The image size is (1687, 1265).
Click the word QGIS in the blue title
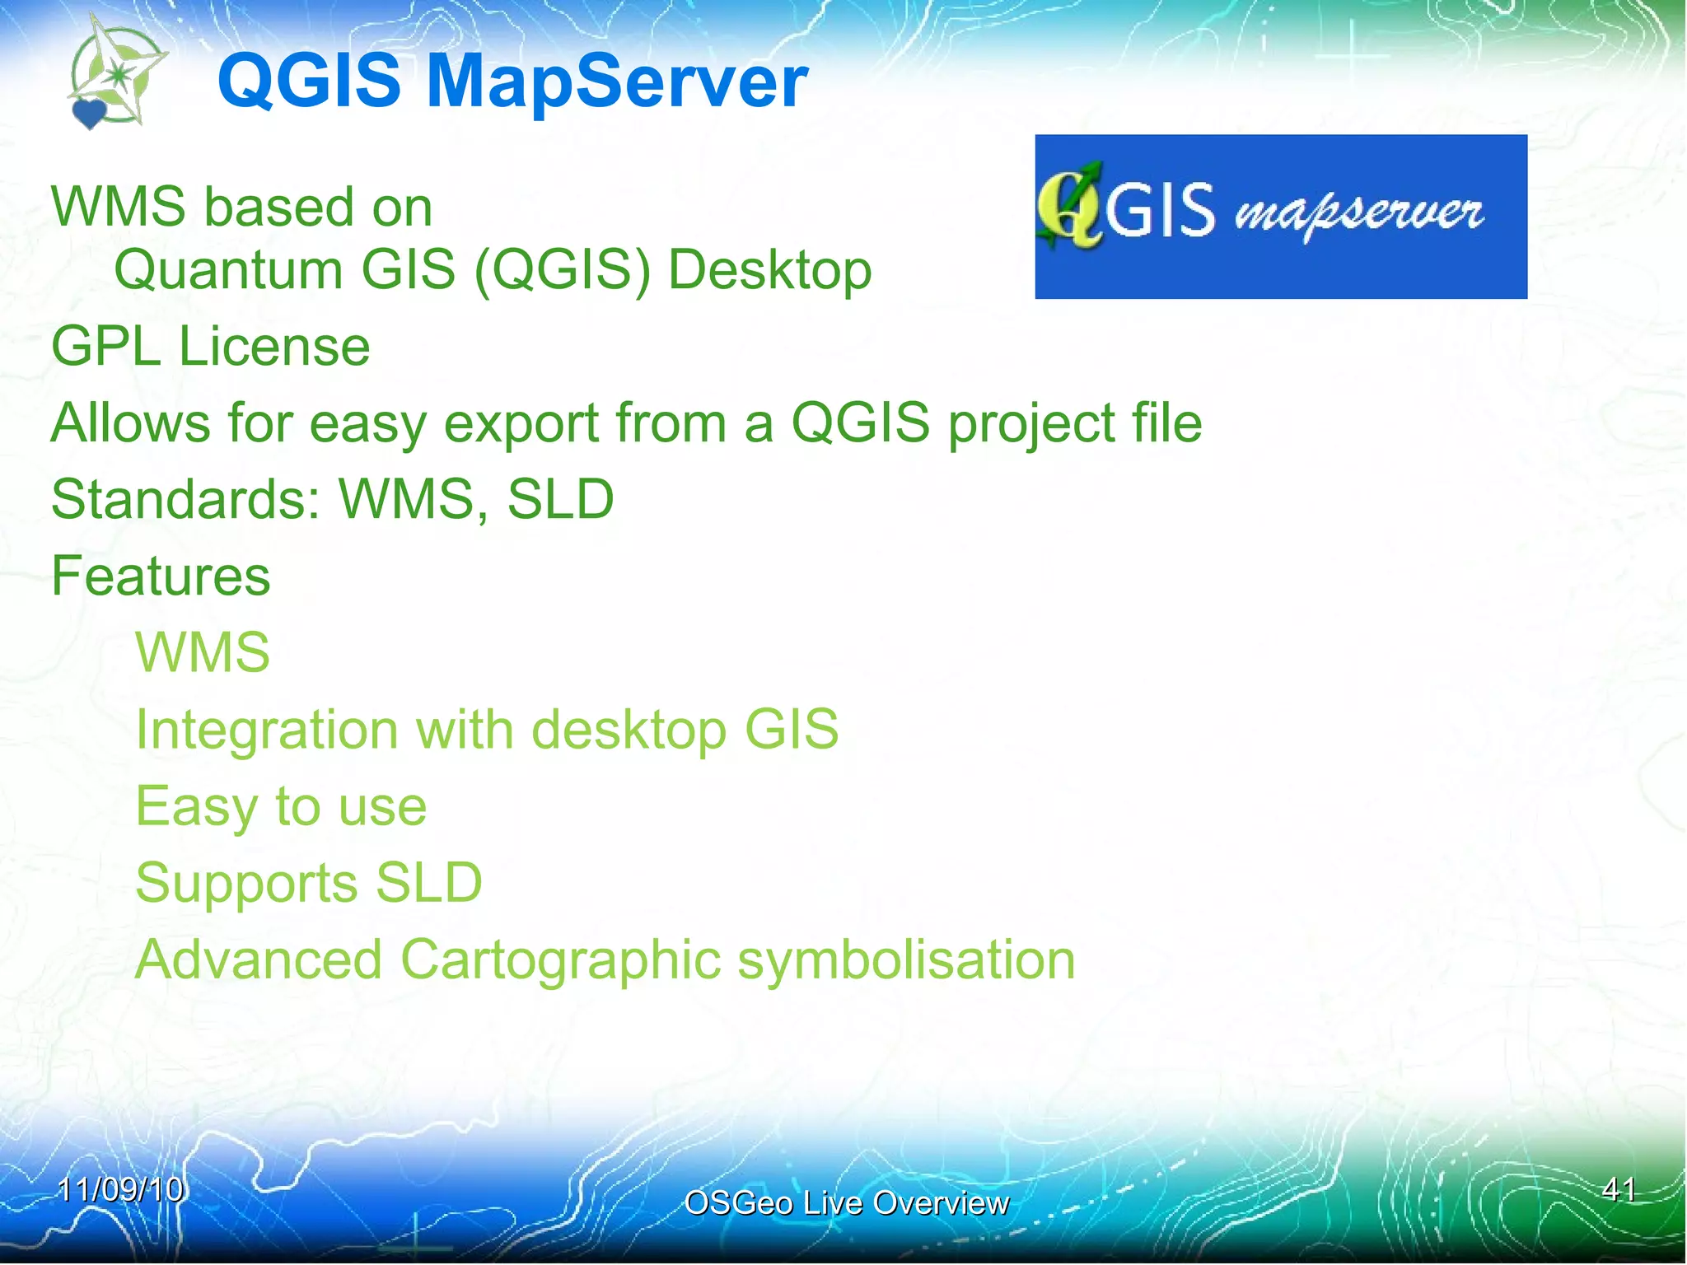(x=309, y=82)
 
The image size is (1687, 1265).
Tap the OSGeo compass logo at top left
(x=117, y=76)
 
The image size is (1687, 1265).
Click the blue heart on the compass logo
(x=89, y=113)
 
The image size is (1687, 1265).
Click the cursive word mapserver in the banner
(x=1358, y=214)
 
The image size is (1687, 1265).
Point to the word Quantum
(x=228, y=271)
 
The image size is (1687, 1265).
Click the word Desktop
(x=769, y=271)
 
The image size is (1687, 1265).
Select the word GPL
(x=105, y=346)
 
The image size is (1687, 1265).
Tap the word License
(x=274, y=346)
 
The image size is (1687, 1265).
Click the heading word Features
(x=161, y=576)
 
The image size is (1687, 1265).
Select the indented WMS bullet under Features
(x=203, y=652)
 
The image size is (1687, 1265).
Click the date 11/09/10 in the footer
(x=120, y=1189)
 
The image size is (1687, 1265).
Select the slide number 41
(x=1619, y=1189)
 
